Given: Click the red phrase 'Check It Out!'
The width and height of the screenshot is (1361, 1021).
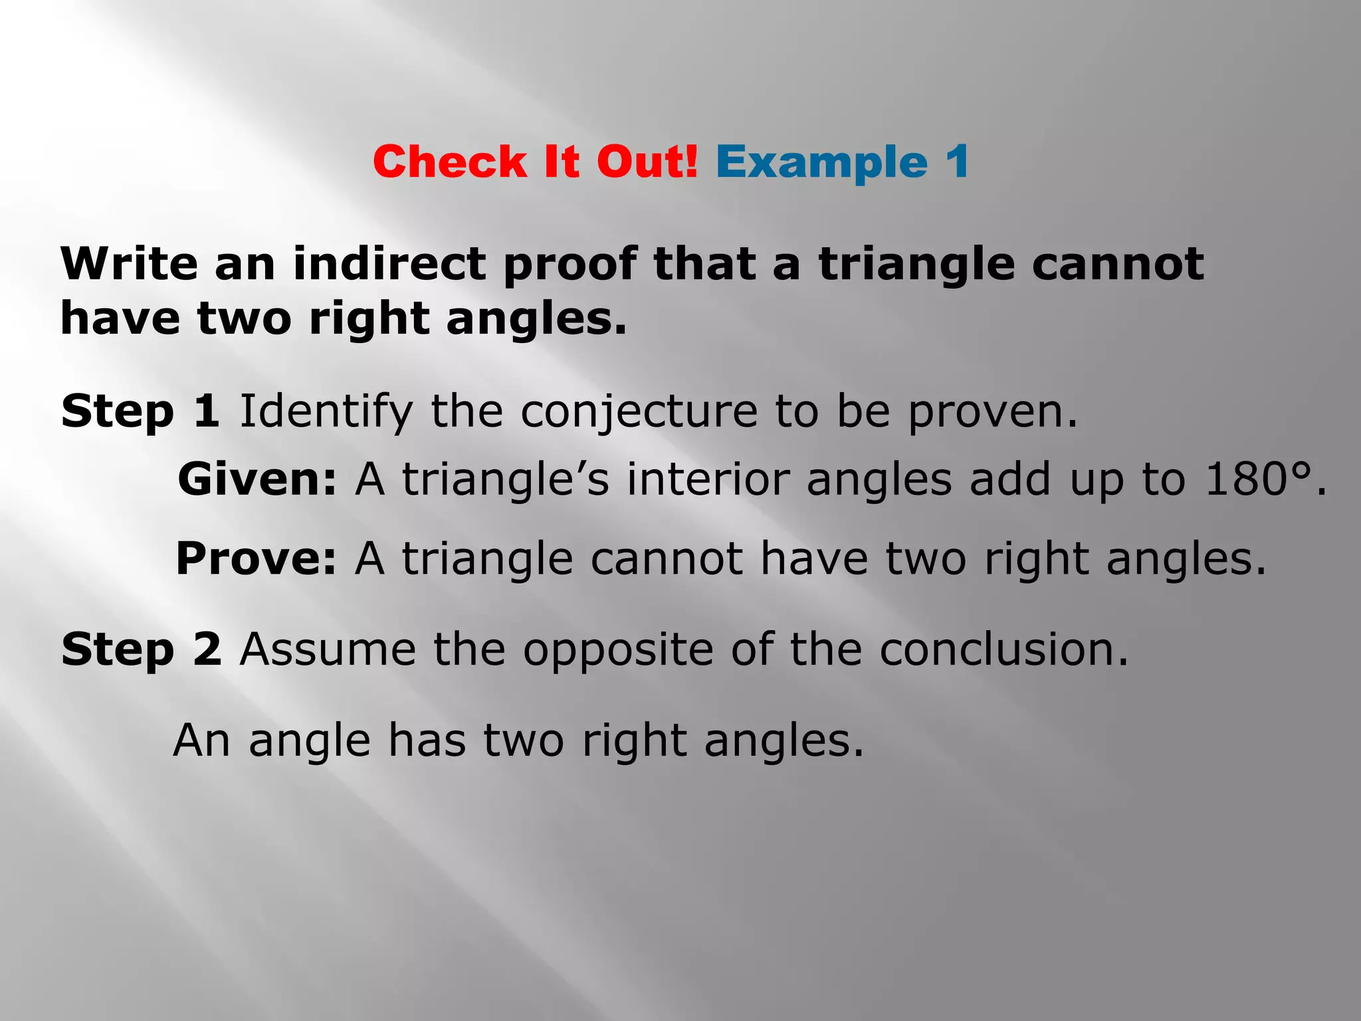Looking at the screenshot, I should coord(535,162).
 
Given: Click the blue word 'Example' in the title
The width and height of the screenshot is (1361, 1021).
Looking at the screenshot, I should coord(821,162).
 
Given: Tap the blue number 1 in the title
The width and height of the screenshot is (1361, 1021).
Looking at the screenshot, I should coord(957,162).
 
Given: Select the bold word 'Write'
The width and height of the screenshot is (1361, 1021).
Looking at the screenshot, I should coord(129,264).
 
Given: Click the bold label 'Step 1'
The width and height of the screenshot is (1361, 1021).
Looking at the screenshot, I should coord(140,411).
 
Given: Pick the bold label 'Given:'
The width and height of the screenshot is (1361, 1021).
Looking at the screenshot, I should coord(257,479).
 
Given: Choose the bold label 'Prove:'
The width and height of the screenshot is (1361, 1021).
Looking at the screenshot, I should coord(256,558).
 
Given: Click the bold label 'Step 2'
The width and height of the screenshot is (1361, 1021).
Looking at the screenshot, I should coord(141,649).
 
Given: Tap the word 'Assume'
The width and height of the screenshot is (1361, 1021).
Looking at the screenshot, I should coord(328,649).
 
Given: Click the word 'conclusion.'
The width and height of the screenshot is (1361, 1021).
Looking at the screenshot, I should coord(1004,649).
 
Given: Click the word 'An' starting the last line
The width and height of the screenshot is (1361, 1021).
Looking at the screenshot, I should coord(202,740).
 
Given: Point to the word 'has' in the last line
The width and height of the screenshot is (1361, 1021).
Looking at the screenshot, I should coord(427,740).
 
